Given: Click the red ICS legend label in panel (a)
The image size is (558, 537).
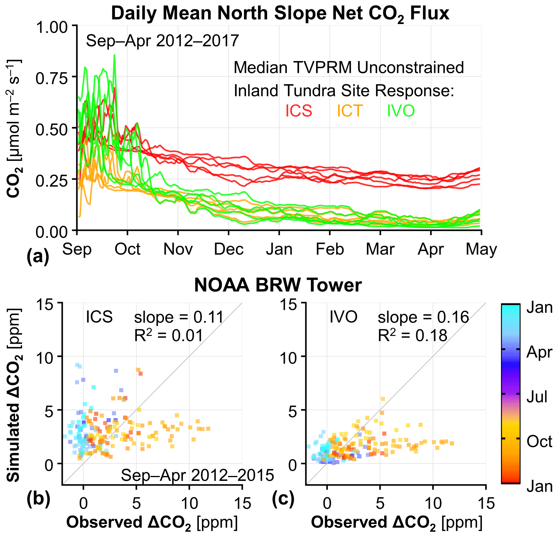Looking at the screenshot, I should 299,111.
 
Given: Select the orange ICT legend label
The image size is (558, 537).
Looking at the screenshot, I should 350,111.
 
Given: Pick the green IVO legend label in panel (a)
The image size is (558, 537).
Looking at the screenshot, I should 401,111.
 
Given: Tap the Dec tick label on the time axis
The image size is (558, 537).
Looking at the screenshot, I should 229,249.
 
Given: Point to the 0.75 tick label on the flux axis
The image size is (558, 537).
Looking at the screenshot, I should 52,78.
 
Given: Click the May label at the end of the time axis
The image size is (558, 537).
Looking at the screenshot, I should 481,249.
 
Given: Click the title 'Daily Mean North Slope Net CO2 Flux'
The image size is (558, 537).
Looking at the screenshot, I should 280,14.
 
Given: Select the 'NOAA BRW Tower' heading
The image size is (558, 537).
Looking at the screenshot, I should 278,285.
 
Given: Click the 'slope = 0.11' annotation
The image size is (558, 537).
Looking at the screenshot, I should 179,317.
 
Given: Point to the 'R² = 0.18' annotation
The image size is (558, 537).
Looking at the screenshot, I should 412,336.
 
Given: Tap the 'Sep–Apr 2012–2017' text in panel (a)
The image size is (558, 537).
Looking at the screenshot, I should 162,41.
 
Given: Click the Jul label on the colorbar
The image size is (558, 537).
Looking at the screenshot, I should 537,397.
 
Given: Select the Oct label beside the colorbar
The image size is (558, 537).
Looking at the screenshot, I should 539,442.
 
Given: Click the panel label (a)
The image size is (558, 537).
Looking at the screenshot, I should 38,256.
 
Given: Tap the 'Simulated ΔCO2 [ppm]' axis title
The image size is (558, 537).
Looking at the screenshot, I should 13,395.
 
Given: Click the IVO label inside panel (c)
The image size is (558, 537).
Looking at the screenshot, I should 344,317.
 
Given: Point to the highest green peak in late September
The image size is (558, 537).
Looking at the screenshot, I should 114,55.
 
